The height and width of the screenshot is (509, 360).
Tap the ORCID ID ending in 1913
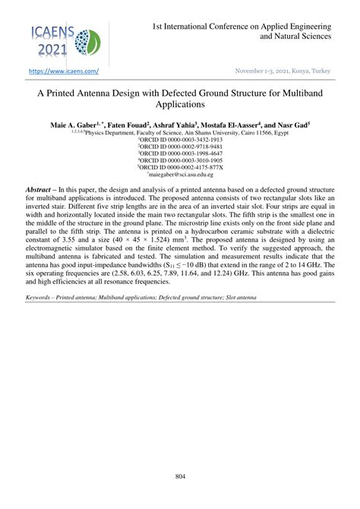[180, 140]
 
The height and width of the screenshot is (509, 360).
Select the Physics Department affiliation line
[180, 131]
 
